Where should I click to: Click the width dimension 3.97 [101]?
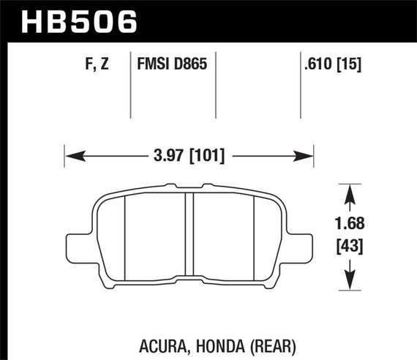(x=189, y=155)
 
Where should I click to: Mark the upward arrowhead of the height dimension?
(x=350, y=192)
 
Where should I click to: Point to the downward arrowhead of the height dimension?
(x=350, y=282)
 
